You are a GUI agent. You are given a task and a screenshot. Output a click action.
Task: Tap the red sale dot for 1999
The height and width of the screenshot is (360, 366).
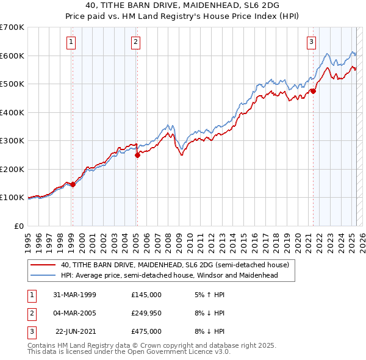(x=73, y=184)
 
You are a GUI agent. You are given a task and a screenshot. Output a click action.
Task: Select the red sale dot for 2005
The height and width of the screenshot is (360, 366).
(x=137, y=155)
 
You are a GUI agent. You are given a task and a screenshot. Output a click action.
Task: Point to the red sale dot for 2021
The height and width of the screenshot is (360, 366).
(x=313, y=91)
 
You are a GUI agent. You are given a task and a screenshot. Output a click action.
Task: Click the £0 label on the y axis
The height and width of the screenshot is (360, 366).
(x=19, y=226)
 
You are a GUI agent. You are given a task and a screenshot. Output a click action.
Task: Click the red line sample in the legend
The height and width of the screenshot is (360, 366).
(x=43, y=265)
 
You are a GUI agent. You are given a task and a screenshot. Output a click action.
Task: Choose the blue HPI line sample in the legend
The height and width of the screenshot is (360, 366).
(x=43, y=275)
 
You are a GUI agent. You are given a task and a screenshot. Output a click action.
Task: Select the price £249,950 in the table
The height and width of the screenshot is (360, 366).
(x=146, y=312)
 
